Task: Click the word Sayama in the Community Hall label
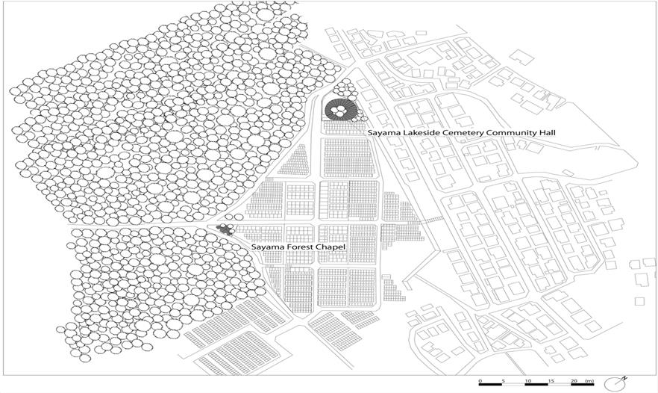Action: pos(381,132)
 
